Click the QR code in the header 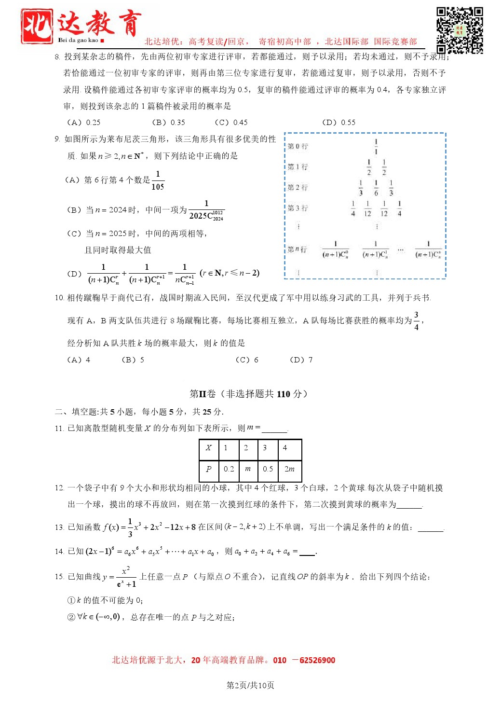point(460,30)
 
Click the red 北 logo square point(37,26)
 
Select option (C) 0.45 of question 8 point(231,123)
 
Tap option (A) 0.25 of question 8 point(83,123)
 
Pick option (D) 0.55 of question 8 point(339,123)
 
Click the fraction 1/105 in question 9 point(158,180)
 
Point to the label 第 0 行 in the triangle point(298,146)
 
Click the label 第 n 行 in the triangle point(297,250)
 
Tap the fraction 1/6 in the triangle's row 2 point(376,188)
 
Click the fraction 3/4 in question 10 point(416,321)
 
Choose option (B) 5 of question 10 point(133,360)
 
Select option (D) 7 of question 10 point(301,360)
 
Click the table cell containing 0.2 point(229,469)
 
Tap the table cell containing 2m point(289,469)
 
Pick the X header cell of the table point(209,448)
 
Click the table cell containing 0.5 point(268,469)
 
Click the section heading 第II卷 point(203,394)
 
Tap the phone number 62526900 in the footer point(317,660)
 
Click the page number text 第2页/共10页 point(250,685)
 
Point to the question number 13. point(59,527)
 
